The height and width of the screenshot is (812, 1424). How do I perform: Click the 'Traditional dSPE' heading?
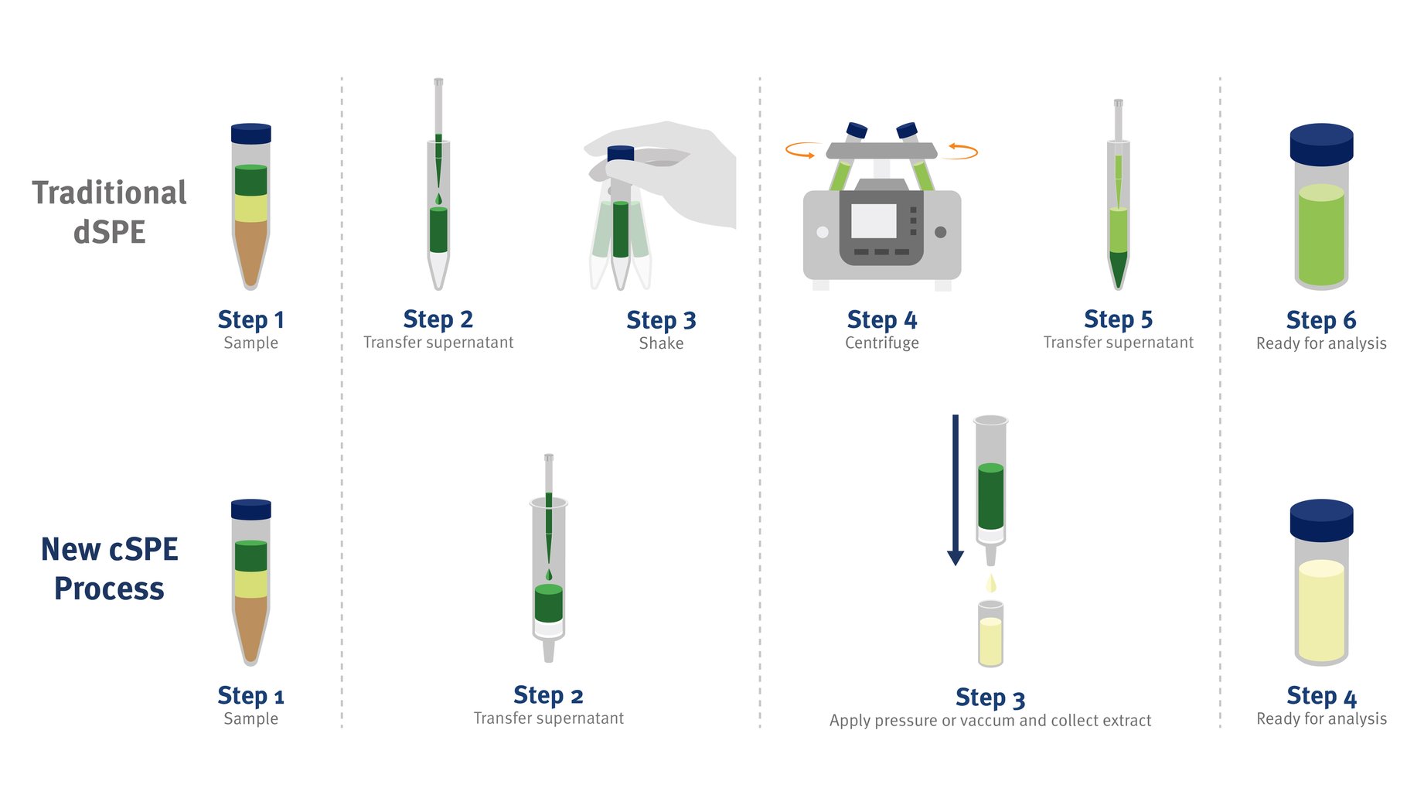coord(109,212)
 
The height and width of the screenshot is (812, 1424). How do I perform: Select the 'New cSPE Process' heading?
coord(109,568)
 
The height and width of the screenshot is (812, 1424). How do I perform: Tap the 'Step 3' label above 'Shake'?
coord(661,320)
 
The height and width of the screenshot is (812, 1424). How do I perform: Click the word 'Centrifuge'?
coord(882,343)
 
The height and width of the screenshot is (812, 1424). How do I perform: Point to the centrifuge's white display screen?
coord(874,221)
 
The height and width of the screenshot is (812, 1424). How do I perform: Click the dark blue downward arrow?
coord(956,490)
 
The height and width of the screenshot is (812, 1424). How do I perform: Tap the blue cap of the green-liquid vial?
coord(1321,145)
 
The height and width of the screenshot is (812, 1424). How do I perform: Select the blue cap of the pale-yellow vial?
coord(1321,520)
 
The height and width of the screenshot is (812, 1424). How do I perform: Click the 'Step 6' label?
coord(1321,320)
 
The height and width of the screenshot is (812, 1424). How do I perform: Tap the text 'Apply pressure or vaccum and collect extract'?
coord(990,721)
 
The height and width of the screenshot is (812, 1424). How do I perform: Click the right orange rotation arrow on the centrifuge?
coord(963,150)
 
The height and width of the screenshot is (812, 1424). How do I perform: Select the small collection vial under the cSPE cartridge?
coord(990,633)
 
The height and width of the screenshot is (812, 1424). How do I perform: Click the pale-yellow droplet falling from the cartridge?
coord(991,583)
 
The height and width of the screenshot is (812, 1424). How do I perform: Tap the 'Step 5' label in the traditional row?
coord(1118,319)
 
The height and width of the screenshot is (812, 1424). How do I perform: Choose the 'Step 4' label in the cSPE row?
coord(1321,697)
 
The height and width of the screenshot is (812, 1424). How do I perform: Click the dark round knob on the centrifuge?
coord(941,232)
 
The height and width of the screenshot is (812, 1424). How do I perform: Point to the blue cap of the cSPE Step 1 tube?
coord(251,510)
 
